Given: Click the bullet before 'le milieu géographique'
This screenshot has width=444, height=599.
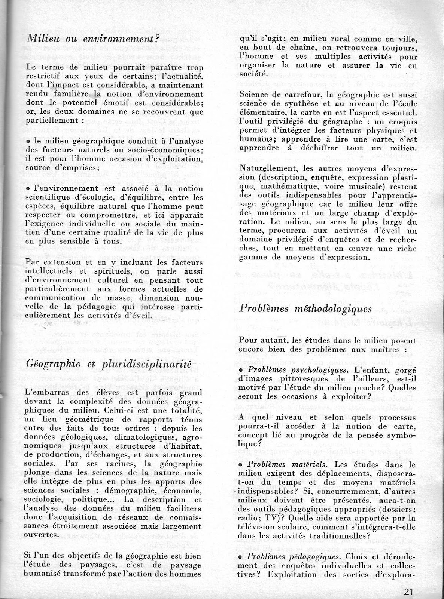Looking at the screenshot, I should (x=28, y=142).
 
